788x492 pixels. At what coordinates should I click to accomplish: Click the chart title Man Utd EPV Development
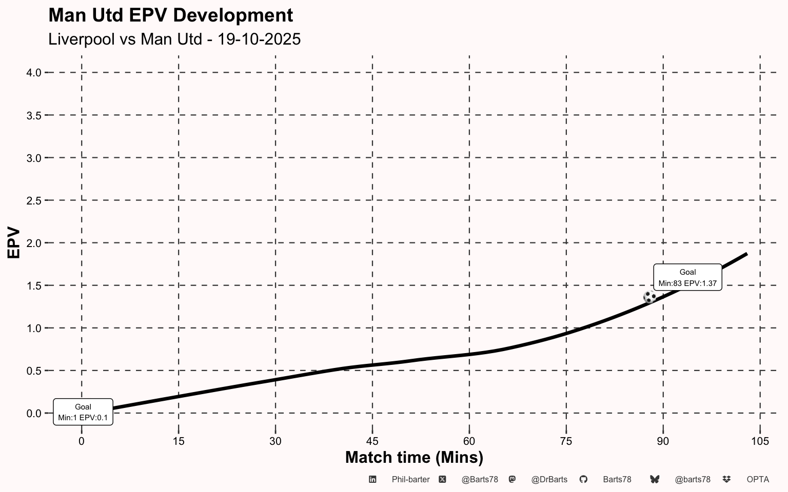[170, 15]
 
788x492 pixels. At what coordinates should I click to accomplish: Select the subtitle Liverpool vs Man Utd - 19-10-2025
[174, 39]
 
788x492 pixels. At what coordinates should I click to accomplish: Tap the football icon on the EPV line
[649, 297]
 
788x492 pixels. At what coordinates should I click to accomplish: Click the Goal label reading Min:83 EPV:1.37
[687, 277]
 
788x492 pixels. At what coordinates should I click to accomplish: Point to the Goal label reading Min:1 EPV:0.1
[83, 412]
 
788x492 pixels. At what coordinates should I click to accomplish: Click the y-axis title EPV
[14, 242]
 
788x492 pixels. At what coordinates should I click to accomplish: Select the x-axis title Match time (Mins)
[414, 457]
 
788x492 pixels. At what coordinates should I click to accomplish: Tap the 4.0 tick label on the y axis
[34, 73]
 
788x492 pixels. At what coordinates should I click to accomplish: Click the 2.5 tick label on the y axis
[34, 200]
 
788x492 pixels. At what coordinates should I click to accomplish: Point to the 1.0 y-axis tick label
[34, 328]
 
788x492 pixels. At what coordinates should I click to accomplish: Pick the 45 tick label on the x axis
[372, 441]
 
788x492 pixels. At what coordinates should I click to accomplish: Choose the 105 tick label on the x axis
[760, 441]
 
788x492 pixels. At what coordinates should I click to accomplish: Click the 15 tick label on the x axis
[179, 441]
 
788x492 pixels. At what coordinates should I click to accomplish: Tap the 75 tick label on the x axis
[566, 441]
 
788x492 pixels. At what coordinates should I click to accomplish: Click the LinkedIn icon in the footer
[372, 479]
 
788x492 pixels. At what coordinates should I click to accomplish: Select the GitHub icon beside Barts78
[583, 479]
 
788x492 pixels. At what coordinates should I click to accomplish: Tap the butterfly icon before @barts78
[654, 479]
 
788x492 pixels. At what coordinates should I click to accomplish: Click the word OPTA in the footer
[758, 480]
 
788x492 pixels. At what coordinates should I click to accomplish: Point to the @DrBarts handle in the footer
[549, 480]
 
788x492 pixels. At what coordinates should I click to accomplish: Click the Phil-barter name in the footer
[410, 480]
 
